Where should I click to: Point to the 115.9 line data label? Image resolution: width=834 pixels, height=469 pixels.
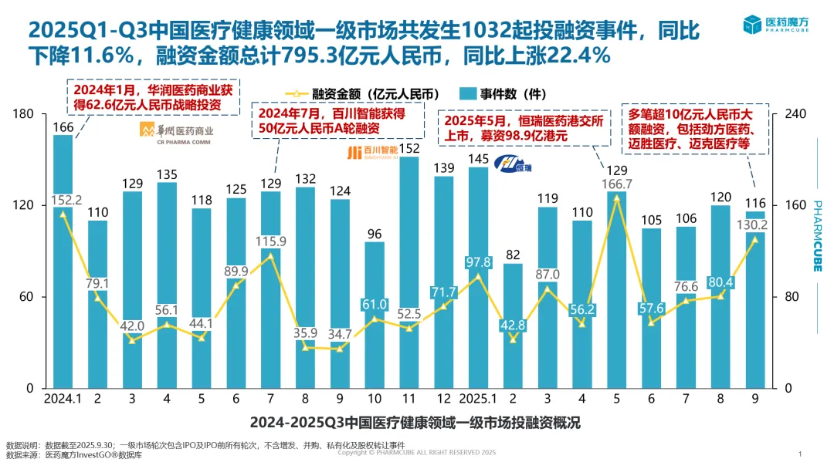click(271, 241)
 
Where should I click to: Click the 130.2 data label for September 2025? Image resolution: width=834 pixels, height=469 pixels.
click(755, 225)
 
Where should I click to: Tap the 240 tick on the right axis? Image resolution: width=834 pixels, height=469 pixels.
click(796, 114)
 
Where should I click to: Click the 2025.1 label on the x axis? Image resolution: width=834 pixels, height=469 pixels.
click(479, 400)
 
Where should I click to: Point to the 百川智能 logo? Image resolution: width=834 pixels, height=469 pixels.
click(372, 150)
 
